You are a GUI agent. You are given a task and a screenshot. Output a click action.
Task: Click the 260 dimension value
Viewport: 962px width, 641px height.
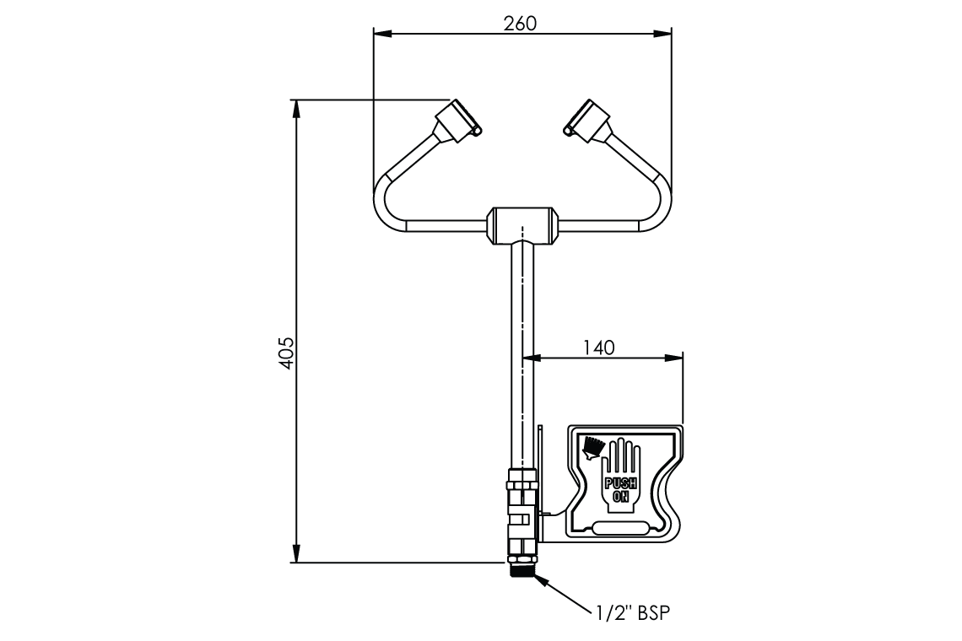click(x=520, y=23)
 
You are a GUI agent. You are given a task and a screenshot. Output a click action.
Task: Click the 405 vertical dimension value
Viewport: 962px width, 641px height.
click(x=286, y=353)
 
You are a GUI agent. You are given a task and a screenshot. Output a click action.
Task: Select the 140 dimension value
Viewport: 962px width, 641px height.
click(x=599, y=346)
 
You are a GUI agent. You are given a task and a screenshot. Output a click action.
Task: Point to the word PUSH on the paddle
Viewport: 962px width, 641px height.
click(x=620, y=482)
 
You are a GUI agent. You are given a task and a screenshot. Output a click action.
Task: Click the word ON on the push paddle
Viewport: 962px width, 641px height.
click(x=620, y=496)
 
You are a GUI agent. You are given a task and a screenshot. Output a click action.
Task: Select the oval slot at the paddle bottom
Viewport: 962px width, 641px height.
click(x=620, y=529)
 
